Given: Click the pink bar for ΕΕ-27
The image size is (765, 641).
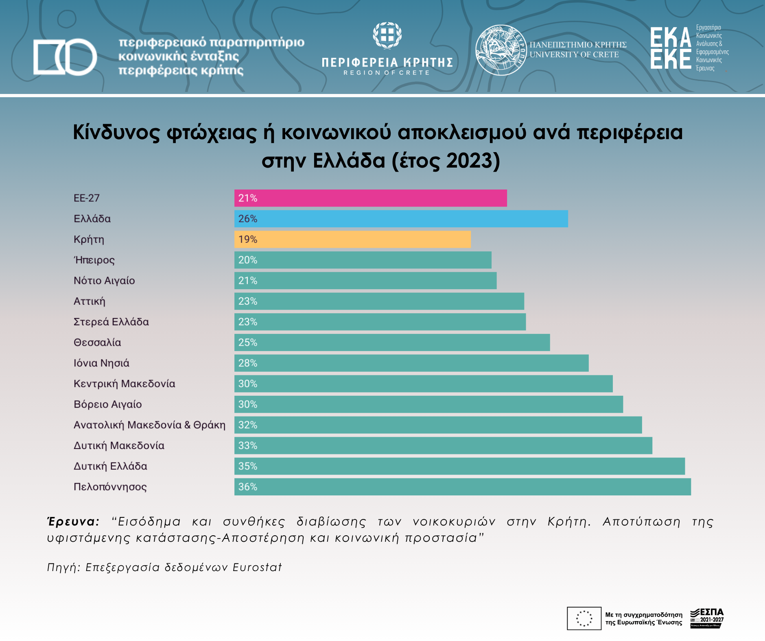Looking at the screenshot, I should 370,198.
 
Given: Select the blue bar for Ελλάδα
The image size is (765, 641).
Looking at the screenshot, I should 401,219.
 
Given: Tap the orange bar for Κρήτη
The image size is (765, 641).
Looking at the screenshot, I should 352,240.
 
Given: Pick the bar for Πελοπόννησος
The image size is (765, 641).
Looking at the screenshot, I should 462,487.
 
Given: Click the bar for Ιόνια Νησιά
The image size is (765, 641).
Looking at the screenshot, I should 411,363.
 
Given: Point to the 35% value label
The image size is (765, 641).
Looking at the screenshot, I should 248,466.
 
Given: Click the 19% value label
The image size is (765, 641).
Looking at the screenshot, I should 248,240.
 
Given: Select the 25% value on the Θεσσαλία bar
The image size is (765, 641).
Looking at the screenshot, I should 248,342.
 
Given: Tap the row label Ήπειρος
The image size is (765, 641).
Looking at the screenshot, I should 94,260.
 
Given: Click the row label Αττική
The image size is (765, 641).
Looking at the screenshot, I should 90,301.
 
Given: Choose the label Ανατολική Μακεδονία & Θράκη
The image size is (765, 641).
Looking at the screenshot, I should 149,425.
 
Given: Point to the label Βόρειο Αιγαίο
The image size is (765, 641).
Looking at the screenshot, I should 108,404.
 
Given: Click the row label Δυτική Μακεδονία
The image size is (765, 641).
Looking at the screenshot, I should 119,446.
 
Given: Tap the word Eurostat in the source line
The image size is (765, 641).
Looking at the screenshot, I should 257,567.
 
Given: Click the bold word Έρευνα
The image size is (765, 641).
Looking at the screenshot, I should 73,521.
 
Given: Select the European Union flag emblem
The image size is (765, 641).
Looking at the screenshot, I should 584,618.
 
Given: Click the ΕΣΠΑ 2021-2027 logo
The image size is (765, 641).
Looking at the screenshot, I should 707,618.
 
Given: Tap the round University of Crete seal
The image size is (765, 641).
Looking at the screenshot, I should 501,50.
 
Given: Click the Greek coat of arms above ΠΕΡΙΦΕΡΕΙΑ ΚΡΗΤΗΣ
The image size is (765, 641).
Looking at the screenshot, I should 387,35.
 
